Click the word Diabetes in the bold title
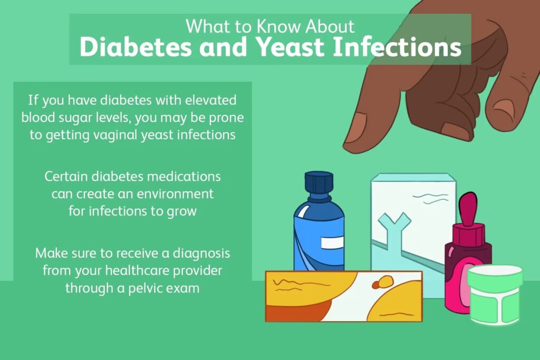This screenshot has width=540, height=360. click(x=136, y=47)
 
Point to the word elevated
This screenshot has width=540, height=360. click(x=211, y=100)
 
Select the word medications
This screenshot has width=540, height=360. click(x=184, y=176)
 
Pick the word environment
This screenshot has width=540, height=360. click(x=175, y=194)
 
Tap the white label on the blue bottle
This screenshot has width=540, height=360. click(x=332, y=242)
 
